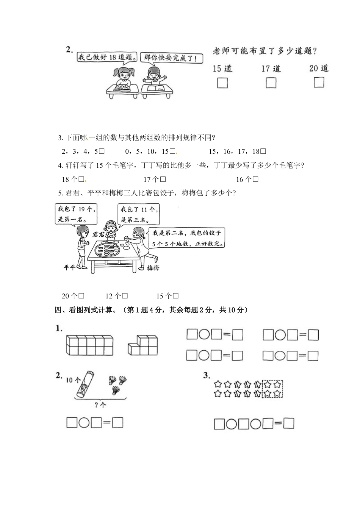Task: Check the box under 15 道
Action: coord(222,83)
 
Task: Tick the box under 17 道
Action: coord(271,83)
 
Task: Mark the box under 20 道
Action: coord(319,82)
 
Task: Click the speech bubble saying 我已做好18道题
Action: coord(107,57)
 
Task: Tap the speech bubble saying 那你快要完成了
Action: coord(171,58)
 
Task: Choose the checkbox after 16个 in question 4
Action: coord(255,180)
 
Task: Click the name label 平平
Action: coord(69,267)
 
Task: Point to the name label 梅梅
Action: coord(153,268)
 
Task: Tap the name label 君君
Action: coord(99,234)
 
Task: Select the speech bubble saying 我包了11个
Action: coord(138,214)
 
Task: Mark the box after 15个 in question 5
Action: coord(175,296)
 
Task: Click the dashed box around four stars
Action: coord(272,389)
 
